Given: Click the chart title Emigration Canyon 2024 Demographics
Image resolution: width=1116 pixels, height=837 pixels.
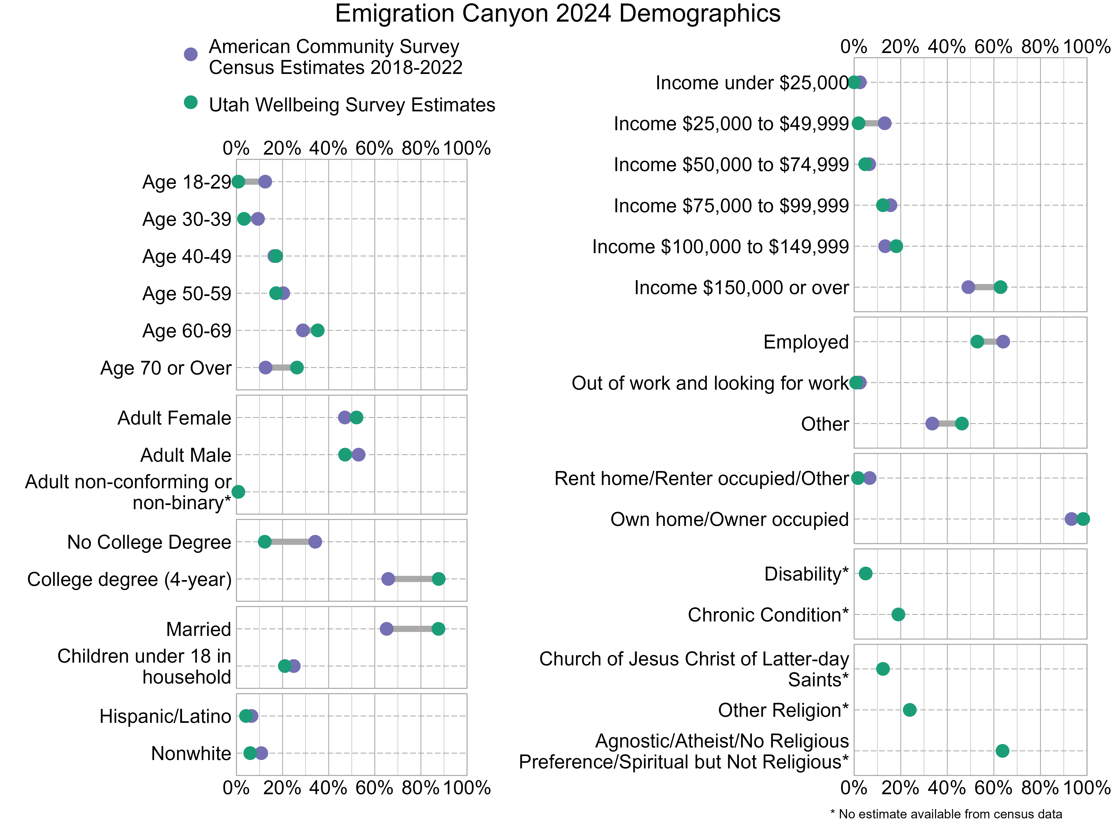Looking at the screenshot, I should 558,14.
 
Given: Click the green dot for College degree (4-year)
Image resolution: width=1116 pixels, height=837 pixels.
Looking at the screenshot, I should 438,579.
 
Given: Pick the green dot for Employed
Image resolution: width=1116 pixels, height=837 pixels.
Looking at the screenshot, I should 977,342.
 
